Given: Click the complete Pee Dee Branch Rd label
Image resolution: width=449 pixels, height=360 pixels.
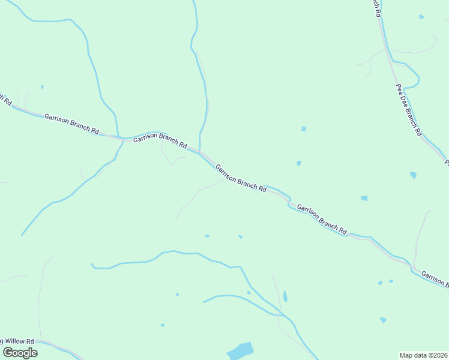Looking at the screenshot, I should (x=409, y=110).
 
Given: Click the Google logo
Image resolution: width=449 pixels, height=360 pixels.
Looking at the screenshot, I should (x=20, y=353).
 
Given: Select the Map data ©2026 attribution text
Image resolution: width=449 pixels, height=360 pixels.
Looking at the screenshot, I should (x=424, y=355).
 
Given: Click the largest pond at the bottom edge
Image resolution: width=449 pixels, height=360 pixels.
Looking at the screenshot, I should (x=241, y=350).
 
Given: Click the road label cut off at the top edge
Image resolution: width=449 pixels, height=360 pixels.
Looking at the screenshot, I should (x=376, y=7).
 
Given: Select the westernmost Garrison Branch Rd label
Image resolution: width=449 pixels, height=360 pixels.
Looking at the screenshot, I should (x=71, y=122).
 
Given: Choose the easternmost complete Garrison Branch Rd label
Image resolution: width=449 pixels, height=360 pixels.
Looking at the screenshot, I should (x=322, y=219).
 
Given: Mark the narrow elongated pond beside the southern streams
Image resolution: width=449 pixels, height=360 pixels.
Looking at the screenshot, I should (x=285, y=296).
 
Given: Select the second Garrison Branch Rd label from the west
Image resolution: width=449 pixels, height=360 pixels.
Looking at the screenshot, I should (x=160, y=142).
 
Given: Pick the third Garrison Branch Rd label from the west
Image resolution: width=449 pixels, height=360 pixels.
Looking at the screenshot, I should (x=241, y=178).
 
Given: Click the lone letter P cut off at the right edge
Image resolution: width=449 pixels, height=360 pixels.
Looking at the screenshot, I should (x=446, y=161).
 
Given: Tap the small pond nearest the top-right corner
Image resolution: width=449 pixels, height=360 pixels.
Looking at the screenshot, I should (x=421, y=17).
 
